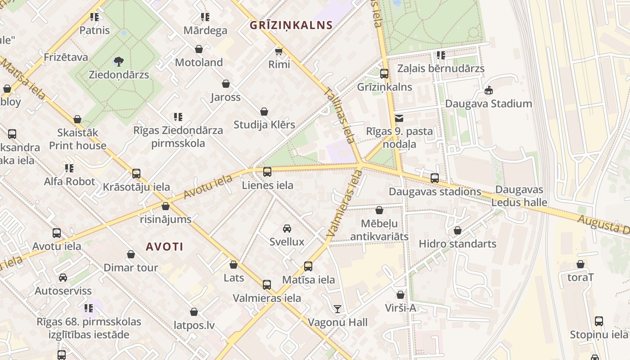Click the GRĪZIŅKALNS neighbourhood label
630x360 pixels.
291,25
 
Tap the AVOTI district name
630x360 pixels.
165,247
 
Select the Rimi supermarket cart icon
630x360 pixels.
279,51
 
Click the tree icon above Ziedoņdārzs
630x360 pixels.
119,61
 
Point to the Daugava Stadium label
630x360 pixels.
488,103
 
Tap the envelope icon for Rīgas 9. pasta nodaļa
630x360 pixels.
399,119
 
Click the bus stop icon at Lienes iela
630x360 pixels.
267,171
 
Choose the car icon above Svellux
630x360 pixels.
287,229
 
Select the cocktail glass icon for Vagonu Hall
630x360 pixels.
337,309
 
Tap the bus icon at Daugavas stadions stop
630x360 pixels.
434,178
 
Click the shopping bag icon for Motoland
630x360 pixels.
199,49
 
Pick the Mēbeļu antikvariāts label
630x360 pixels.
379,230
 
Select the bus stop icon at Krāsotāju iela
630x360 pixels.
136,173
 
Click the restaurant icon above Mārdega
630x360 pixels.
205,17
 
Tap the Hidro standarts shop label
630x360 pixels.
457,244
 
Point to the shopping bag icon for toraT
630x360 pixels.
580,264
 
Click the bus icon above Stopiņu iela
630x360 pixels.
599,321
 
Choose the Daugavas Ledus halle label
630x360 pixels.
519,196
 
